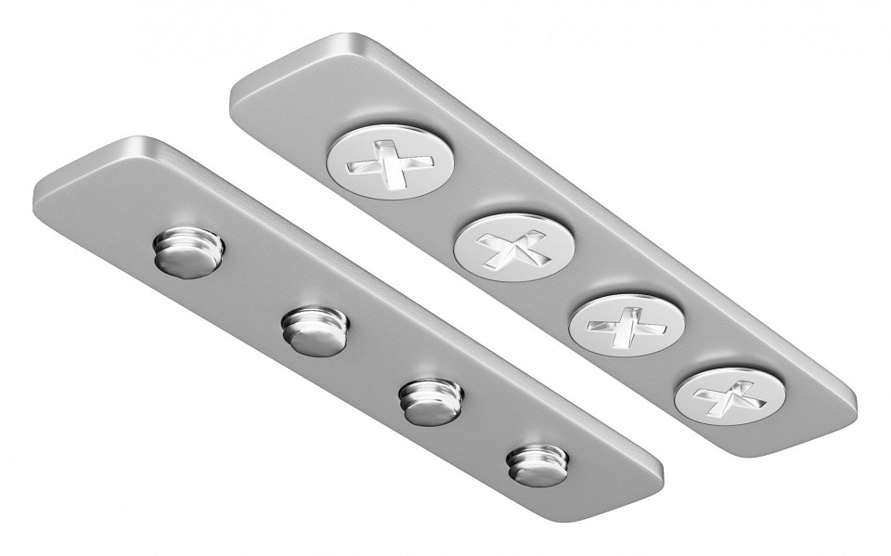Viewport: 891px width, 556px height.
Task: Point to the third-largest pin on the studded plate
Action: point(430,399)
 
